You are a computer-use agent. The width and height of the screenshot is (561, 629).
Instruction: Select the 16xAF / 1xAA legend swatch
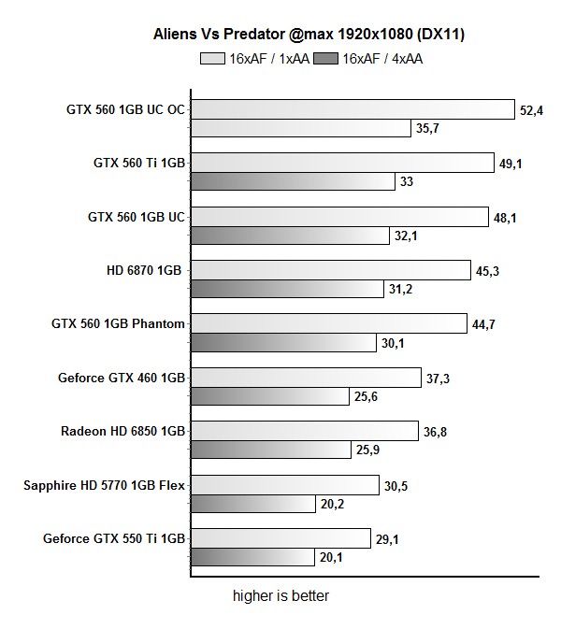tap(211, 58)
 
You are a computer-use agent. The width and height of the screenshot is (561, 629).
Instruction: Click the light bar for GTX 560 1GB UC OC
tap(352, 109)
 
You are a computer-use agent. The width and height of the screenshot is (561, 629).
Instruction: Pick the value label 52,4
tap(531, 110)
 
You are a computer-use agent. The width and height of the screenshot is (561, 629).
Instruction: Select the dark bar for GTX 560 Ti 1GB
tap(292, 181)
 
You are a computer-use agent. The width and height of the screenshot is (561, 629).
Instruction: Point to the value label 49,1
tap(511, 164)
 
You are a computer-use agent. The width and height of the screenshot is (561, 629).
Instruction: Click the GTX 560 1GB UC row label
tap(137, 217)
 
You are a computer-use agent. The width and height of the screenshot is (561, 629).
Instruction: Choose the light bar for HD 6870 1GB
tap(329, 270)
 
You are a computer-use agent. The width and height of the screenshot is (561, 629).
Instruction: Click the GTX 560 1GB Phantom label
tap(119, 324)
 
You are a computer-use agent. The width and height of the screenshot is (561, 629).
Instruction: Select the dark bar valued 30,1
tap(283, 343)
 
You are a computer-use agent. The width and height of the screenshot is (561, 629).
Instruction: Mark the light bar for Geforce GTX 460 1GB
tap(305, 378)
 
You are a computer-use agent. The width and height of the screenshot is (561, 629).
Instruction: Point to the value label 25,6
tap(366, 397)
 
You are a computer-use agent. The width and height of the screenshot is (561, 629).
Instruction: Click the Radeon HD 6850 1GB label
tap(122, 431)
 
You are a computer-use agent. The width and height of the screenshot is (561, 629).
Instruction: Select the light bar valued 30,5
tap(284, 485)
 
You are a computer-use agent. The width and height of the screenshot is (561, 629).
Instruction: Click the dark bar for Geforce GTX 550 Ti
tap(252, 557)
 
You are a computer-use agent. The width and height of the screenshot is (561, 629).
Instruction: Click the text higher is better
tap(280, 594)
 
